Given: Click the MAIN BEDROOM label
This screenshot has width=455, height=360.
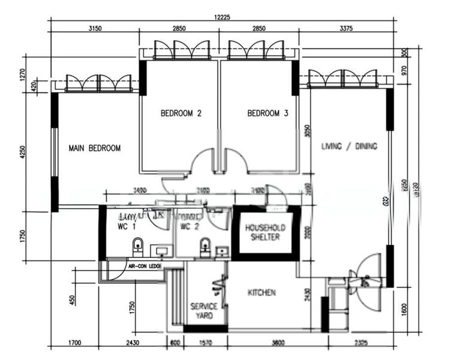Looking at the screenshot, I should [x=94, y=148].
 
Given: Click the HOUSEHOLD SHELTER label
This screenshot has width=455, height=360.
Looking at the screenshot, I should [x=265, y=232].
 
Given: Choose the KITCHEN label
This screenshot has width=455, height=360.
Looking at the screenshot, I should [x=262, y=293].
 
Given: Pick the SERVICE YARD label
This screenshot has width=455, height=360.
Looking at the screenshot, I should [x=204, y=311].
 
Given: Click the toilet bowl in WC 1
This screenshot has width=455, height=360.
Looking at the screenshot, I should [x=138, y=246].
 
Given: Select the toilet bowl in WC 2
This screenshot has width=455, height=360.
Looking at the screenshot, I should [x=204, y=246].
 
